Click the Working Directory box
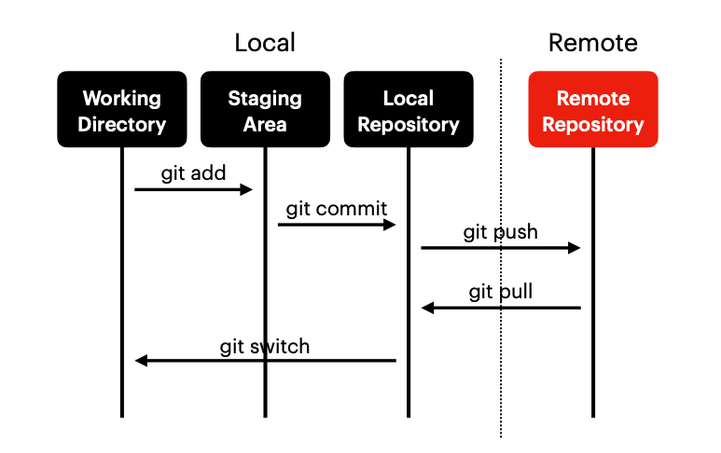point(122,110)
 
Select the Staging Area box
point(265,110)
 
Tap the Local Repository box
point(409,110)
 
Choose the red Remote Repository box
point(593,110)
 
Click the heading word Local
point(265,43)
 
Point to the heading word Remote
point(593,43)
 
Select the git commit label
point(336,208)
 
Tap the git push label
point(501,232)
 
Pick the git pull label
point(501,292)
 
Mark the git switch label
point(265,347)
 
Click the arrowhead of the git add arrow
point(248,190)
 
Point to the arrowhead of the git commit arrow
point(391,225)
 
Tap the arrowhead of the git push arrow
point(575,248)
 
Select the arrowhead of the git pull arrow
point(426,308)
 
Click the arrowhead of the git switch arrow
point(141,361)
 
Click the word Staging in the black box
point(265,98)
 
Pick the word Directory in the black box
point(122,124)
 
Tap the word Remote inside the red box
point(593,98)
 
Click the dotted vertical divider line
point(501,391)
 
